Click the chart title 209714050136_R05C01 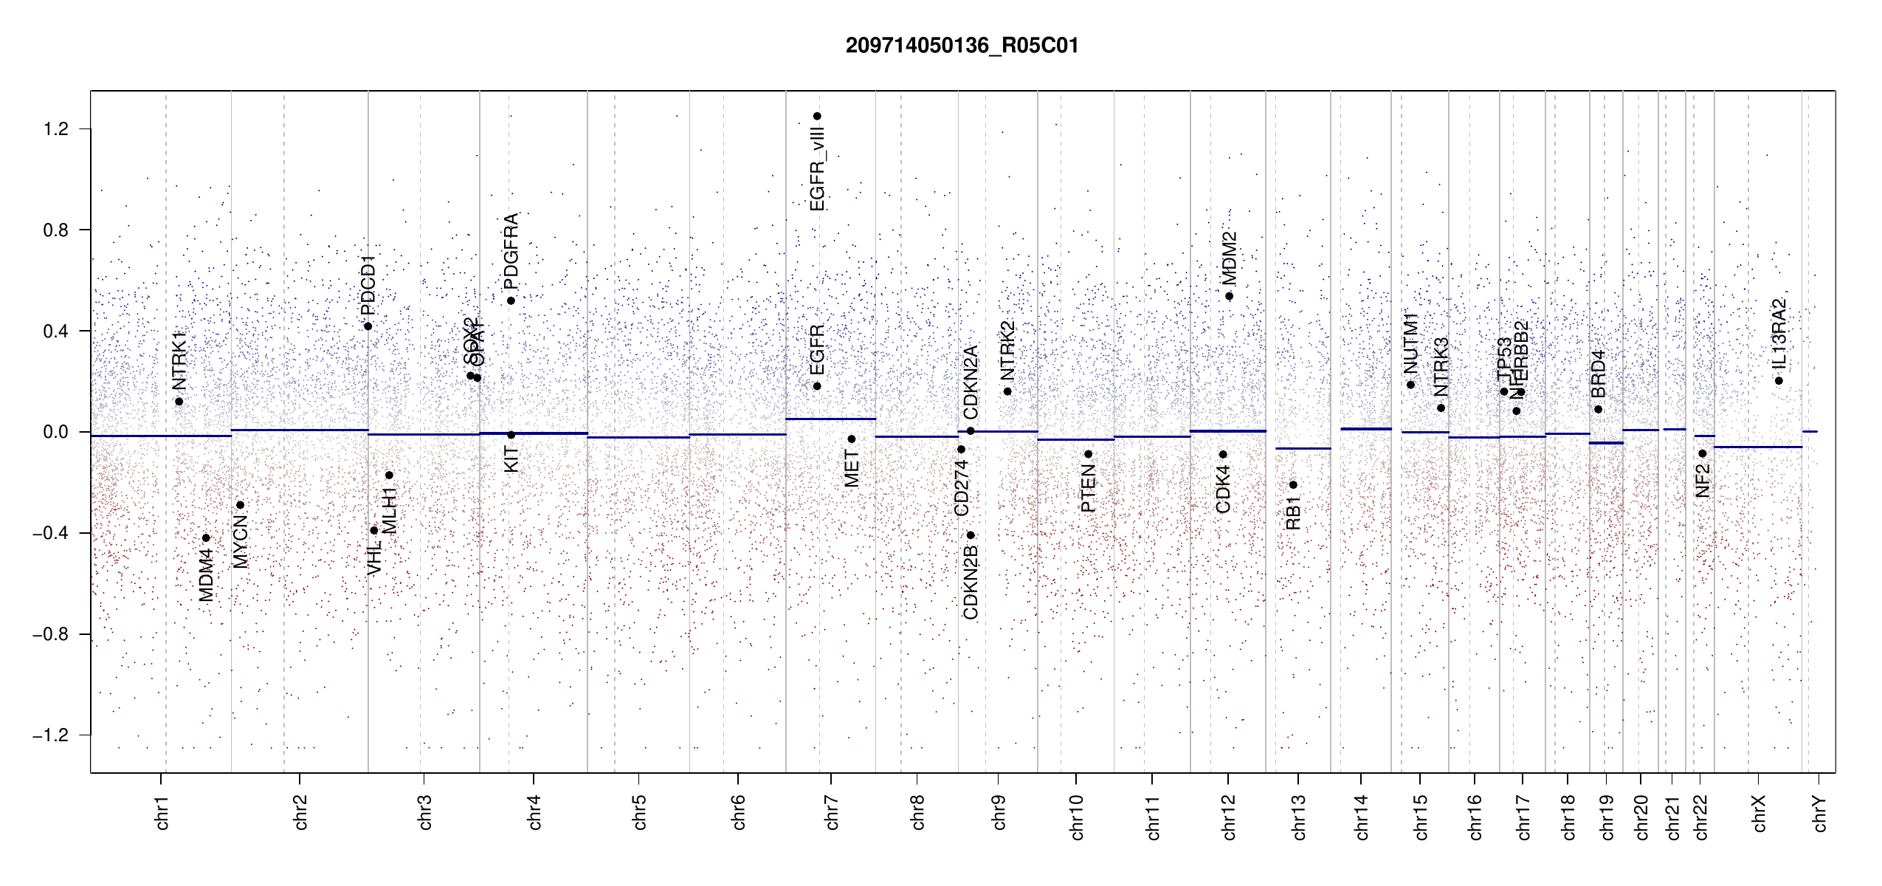click(962, 46)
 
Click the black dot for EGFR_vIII click(817, 116)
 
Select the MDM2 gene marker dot click(1229, 296)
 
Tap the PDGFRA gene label click(511, 251)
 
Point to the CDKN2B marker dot click(971, 535)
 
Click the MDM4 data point click(206, 538)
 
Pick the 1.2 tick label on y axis click(56, 129)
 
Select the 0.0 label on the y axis click(56, 432)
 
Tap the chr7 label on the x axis click(832, 812)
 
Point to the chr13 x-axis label click(1298, 817)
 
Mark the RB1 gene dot click(1293, 485)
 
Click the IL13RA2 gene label click(1779, 334)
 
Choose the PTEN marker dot click(1088, 454)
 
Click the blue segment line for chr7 click(830, 419)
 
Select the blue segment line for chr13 click(1303, 448)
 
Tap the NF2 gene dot click(1702, 453)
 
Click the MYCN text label click(241, 542)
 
